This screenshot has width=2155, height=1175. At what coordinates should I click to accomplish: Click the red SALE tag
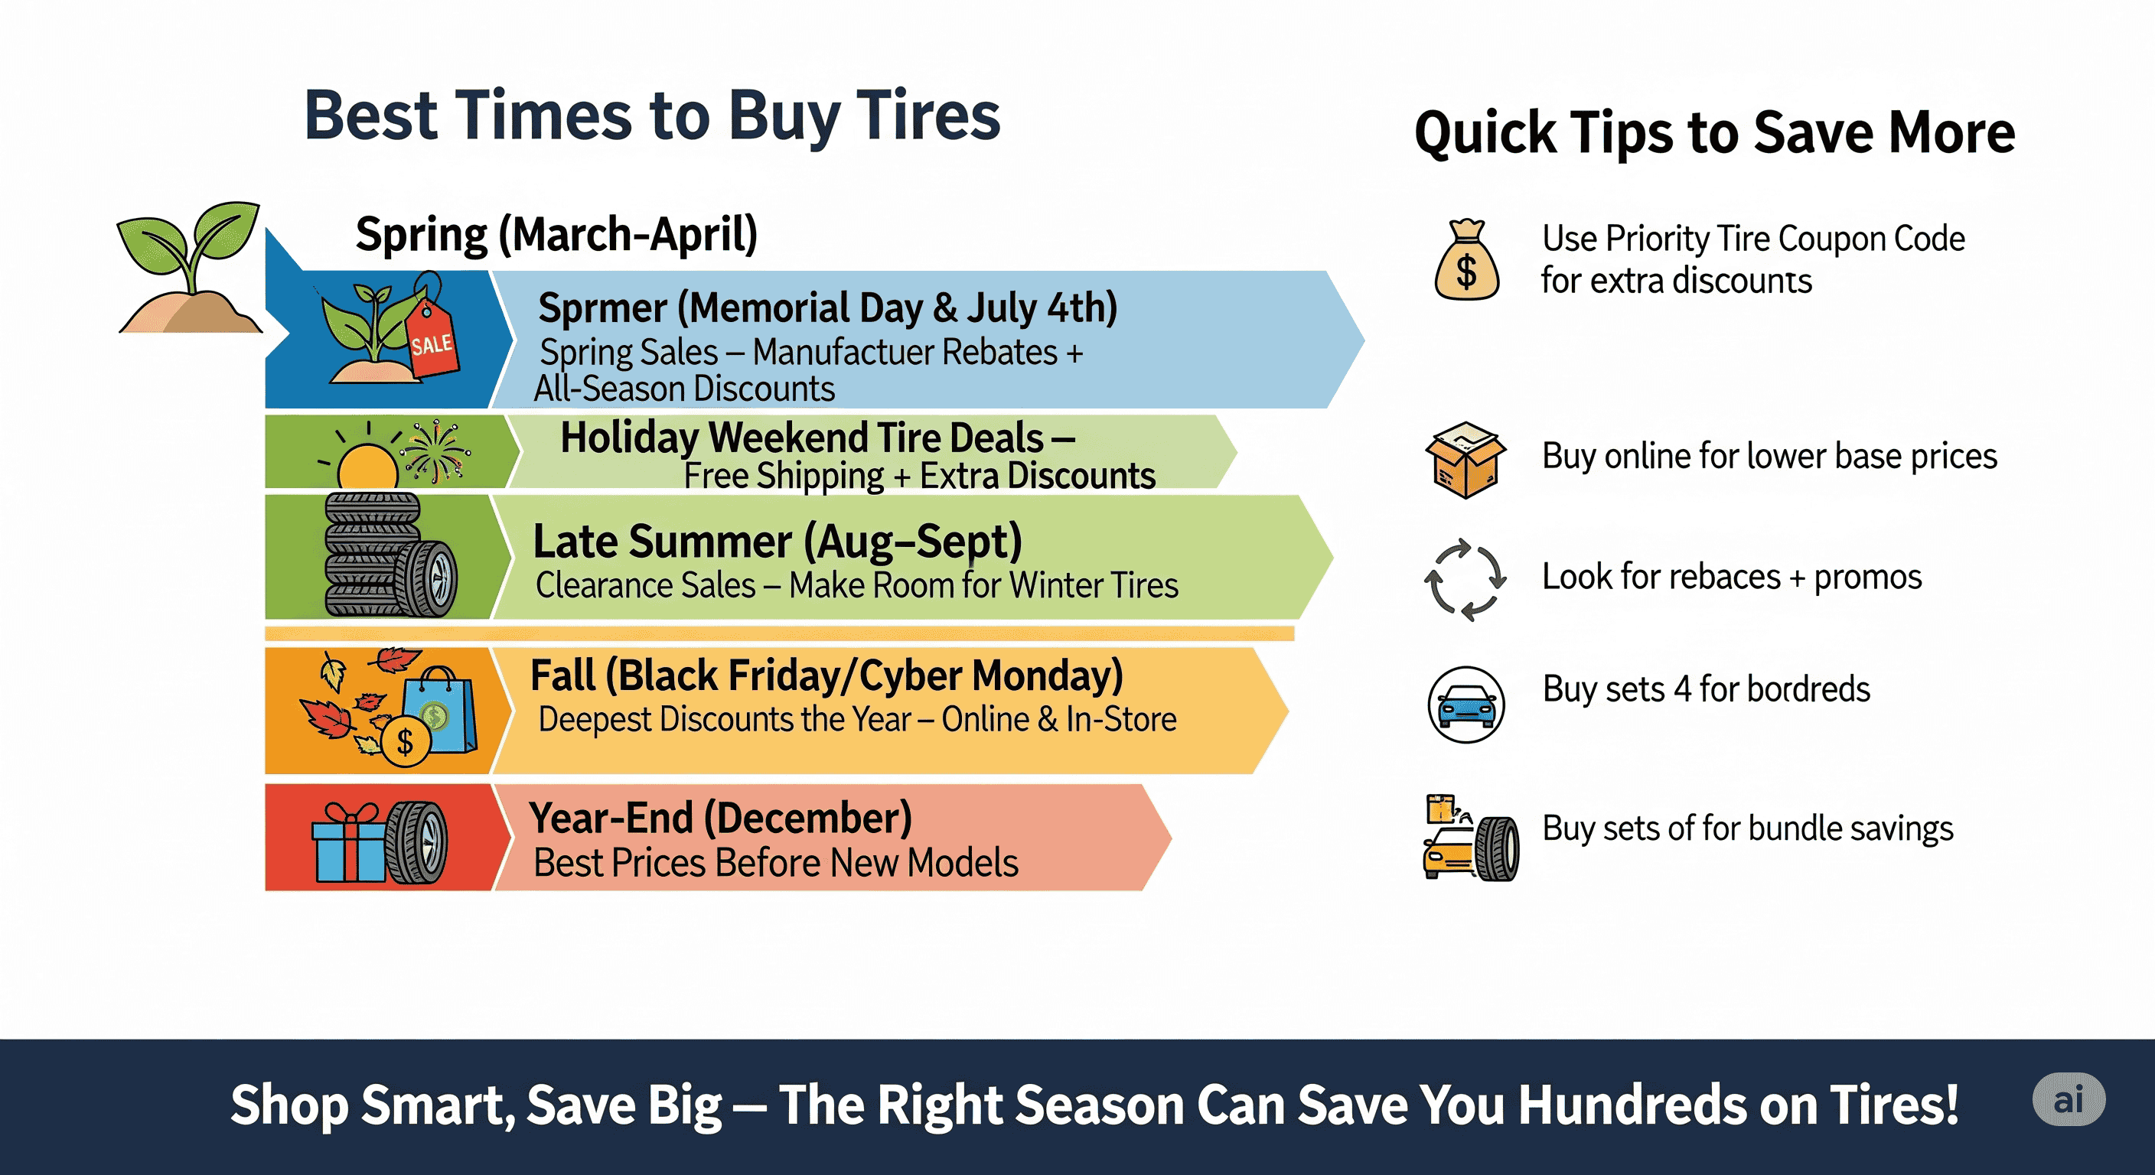[x=432, y=331]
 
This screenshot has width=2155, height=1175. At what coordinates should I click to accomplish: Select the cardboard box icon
[x=1465, y=460]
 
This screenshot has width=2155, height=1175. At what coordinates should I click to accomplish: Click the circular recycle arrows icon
[x=1465, y=580]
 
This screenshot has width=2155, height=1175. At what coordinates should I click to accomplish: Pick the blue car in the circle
[x=1465, y=705]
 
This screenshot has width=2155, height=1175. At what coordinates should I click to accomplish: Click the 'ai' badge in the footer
[x=2069, y=1100]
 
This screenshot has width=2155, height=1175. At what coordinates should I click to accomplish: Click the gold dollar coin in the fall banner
[x=406, y=741]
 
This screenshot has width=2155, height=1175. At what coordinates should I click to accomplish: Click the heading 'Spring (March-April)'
[x=556, y=234]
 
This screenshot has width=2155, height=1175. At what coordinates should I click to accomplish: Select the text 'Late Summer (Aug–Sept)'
[x=778, y=542]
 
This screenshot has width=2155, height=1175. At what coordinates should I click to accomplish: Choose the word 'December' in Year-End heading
[x=808, y=818]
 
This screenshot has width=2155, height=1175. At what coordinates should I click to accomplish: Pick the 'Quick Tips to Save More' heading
[x=1715, y=133]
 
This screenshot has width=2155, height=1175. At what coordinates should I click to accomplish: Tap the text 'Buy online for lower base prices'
[x=1769, y=457]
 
